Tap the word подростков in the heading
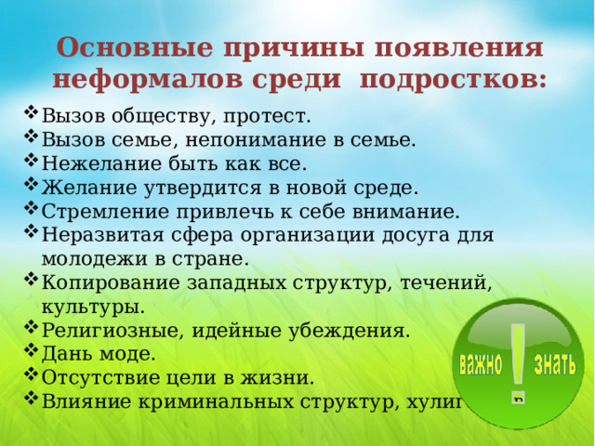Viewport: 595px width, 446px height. tap(453, 80)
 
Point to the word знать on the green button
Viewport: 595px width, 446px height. tap(554, 361)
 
